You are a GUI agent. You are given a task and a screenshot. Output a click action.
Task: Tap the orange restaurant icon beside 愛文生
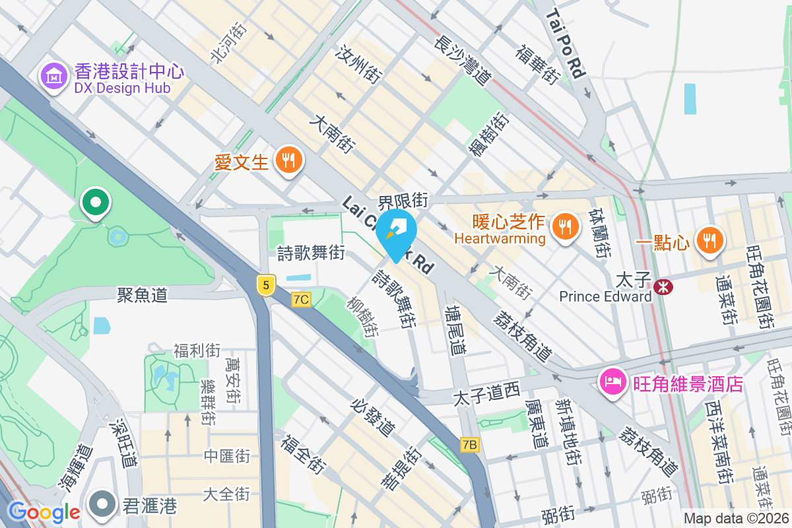[288, 160]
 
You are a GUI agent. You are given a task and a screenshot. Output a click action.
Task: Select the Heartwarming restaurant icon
[564, 227]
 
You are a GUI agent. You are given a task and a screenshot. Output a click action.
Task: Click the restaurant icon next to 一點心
[709, 240]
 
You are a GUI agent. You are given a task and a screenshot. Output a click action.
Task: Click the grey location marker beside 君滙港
[102, 504]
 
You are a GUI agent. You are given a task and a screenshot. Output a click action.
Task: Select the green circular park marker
[96, 202]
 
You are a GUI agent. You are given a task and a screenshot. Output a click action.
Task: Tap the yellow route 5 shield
[265, 285]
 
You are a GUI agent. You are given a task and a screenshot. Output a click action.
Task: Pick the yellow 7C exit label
[301, 299]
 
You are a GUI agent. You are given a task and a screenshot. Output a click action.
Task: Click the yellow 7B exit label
[469, 445]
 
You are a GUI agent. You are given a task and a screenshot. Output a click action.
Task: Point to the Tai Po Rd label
[566, 44]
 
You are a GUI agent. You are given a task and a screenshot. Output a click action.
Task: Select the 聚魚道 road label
[142, 294]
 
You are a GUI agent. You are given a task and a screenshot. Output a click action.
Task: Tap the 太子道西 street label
[486, 398]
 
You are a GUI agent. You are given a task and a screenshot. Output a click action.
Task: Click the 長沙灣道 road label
[463, 59]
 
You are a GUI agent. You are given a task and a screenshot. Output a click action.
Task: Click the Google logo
[44, 512]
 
